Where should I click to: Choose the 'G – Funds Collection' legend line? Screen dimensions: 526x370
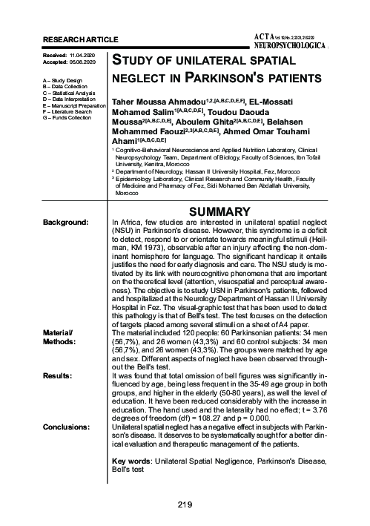pyautogui.click(x=69, y=117)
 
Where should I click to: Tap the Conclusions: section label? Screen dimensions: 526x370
pyautogui.click(x=67, y=428)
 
